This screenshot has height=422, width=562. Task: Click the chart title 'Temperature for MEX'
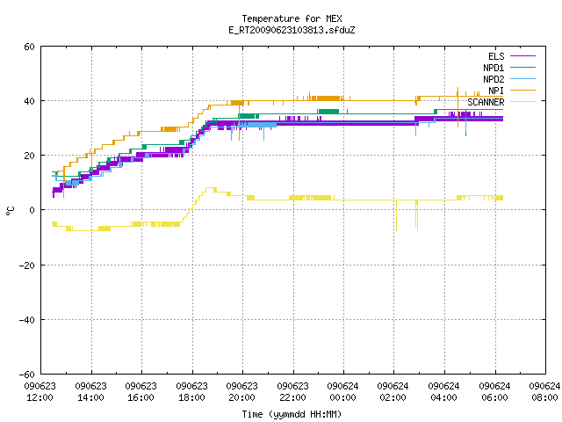(x=292, y=18)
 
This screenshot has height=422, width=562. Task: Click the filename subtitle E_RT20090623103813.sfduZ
(x=292, y=30)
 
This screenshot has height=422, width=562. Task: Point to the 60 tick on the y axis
(x=29, y=47)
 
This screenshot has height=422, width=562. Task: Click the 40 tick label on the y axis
(x=29, y=101)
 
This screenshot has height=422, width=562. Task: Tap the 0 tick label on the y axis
(x=32, y=210)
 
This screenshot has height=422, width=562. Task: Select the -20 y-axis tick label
(x=27, y=266)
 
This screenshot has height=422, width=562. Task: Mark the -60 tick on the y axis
(x=27, y=375)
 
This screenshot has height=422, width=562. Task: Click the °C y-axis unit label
(x=10, y=211)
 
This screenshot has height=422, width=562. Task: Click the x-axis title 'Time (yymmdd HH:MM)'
(x=292, y=414)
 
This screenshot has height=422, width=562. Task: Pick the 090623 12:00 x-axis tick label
(x=40, y=391)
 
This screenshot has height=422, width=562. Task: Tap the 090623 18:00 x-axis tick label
(x=191, y=391)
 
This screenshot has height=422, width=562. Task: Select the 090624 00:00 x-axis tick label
(x=343, y=391)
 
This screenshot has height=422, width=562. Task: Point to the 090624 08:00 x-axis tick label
(x=544, y=391)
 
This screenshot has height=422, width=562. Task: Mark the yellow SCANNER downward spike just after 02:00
(x=396, y=215)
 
